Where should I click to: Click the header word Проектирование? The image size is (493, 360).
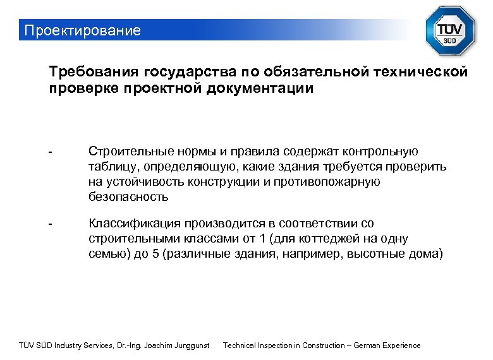click(80, 30)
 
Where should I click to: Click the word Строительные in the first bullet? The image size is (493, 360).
click(124, 152)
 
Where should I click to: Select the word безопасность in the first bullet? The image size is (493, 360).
click(128, 196)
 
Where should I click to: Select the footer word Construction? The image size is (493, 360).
click(319, 345)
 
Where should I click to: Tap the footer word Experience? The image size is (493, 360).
click(402, 345)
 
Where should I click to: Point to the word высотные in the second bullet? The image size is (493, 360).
click(386, 254)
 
